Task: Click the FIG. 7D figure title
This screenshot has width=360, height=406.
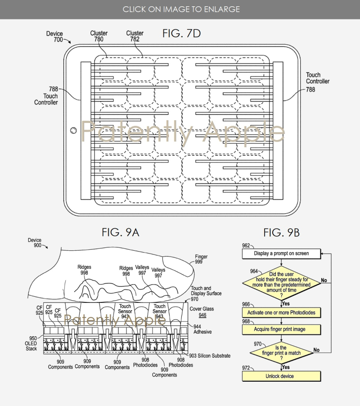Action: tap(181, 33)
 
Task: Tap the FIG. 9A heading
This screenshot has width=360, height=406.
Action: tap(120, 232)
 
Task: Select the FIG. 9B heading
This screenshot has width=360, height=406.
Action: tap(281, 233)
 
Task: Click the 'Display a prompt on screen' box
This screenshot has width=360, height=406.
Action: tap(281, 254)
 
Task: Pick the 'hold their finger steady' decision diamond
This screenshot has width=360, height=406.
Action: tap(281, 283)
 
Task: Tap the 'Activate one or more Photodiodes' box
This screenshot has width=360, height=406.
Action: tap(281, 312)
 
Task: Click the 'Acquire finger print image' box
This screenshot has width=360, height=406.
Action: tap(281, 329)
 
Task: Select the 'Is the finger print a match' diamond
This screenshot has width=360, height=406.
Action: tap(281, 352)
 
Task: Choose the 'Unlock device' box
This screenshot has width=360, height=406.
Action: tap(281, 376)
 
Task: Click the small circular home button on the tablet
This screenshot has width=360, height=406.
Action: tap(73, 130)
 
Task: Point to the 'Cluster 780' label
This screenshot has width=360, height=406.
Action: tap(99, 36)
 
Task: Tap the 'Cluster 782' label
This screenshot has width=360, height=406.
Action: tap(135, 36)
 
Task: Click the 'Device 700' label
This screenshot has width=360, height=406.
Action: tap(54, 36)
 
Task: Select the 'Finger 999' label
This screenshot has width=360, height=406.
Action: tap(201, 259)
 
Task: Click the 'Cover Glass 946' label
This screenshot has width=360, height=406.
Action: tap(202, 312)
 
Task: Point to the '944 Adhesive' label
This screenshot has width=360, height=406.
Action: tap(202, 329)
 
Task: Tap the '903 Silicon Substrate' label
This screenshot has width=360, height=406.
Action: tap(210, 356)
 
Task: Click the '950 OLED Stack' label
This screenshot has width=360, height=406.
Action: tap(31, 343)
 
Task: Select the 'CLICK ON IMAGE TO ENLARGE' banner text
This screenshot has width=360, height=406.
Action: tap(181, 9)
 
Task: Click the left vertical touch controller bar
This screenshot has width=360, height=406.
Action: tap(85, 131)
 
